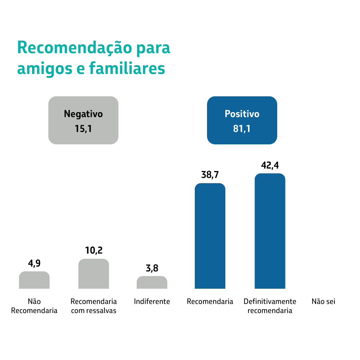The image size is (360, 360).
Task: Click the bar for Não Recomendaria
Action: click(34, 280)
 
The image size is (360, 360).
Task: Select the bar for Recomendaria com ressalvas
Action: click(94, 274)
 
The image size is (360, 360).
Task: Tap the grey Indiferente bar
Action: click(152, 283)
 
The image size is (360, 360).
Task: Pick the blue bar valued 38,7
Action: click(210, 236)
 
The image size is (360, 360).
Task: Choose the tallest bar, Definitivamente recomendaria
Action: click(270, 231)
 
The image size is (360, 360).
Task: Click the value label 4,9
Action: click(34, 263)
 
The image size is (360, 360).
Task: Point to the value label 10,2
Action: click(94, 251)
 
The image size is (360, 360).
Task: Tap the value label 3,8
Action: click(152, 268)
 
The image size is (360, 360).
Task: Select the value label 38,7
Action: click(210, 175)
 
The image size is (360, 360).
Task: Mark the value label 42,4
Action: click(270, 166)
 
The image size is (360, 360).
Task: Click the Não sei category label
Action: click(323, 302)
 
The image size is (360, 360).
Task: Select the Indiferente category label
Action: click(152, 302)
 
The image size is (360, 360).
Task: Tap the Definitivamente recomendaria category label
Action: click(270, 306)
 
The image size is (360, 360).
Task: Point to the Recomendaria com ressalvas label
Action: click(94, 306)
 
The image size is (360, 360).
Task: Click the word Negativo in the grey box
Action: click(83, 114)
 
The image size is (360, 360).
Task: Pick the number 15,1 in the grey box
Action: click(83, 129)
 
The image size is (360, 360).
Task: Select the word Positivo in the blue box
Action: click(242, 114)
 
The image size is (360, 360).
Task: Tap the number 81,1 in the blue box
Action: click(242, 129)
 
